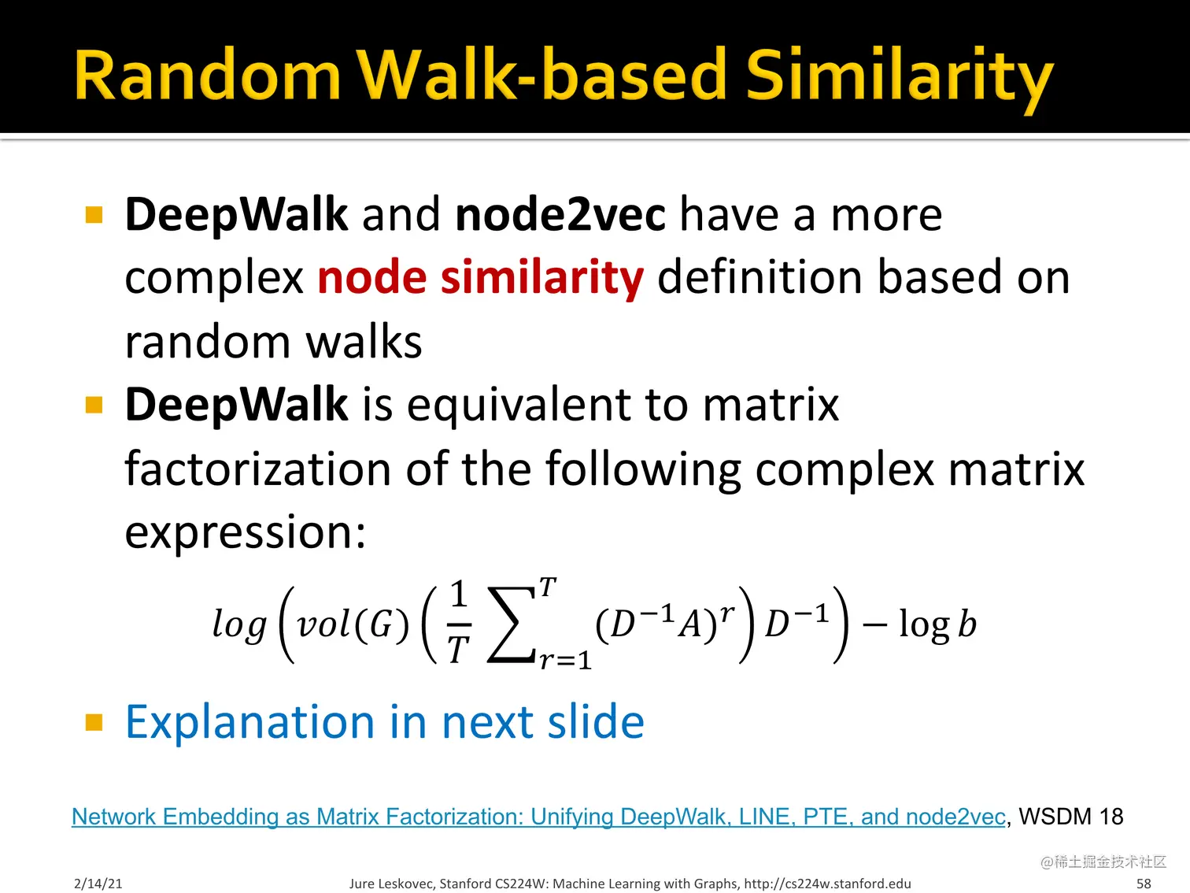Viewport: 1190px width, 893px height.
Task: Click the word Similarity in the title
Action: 900,76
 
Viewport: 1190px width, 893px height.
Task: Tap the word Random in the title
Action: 208,75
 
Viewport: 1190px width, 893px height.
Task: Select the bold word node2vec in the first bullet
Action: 560,215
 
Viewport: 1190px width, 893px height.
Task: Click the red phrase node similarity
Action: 481,278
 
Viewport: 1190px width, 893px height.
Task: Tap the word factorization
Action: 258,469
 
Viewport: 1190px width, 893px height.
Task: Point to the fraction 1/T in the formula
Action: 459,621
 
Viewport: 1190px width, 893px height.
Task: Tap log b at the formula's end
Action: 937,624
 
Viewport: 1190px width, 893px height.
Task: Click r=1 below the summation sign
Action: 565,660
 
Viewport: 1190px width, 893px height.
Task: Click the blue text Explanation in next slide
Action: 385,721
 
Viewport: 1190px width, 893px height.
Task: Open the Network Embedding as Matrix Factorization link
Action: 538,817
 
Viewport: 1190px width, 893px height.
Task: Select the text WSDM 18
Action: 1070,817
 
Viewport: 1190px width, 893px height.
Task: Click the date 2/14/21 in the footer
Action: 98,884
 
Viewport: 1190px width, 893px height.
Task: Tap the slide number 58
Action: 1144,884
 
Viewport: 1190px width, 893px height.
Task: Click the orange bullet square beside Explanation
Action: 94,722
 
